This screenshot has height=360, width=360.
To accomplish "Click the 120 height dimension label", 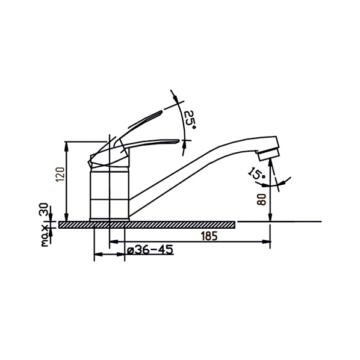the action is click(x=61, y=175).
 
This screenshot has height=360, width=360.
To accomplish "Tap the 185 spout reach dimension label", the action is click(x=209, y=236).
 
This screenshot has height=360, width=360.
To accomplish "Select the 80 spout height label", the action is click(x=261, y=199).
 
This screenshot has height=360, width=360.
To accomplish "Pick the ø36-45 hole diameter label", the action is click(x=150, y=250).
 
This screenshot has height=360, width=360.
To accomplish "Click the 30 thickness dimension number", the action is click(x=43, y=209).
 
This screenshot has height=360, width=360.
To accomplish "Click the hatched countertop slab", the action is click(x=147, y=225).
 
